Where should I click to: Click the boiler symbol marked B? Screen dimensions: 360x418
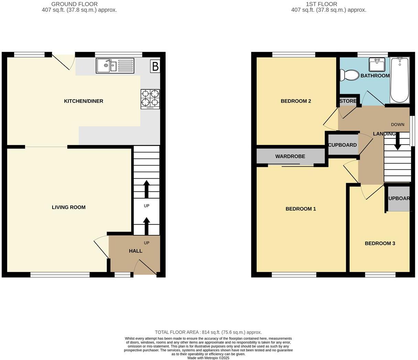[155, 66]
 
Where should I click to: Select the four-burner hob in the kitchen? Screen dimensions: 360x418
[150, 99]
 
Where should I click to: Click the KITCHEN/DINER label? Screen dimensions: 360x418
[84, 101]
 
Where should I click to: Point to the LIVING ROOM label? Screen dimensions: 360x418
[68, 207]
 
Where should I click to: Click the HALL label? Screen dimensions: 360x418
[135, 251]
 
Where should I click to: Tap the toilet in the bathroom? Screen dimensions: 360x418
[349, 75]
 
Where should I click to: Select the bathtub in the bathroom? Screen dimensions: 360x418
[399, 80]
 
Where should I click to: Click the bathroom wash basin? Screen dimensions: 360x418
[377, 65]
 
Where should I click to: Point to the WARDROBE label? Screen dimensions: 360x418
[290, 156]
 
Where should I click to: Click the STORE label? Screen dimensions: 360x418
[348, 101]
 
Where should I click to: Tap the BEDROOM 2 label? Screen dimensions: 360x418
[296, 101]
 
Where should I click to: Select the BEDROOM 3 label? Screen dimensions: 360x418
[379, 243]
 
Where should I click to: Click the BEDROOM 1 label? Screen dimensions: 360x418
[300, 209]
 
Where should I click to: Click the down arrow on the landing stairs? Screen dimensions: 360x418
[397, 142]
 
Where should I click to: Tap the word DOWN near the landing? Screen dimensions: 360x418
[397, 124]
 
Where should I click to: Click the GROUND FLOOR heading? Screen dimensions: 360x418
[74, 4]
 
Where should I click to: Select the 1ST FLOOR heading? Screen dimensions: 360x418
[321, 4]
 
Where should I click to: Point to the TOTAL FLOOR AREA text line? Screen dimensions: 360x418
[208, 332]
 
